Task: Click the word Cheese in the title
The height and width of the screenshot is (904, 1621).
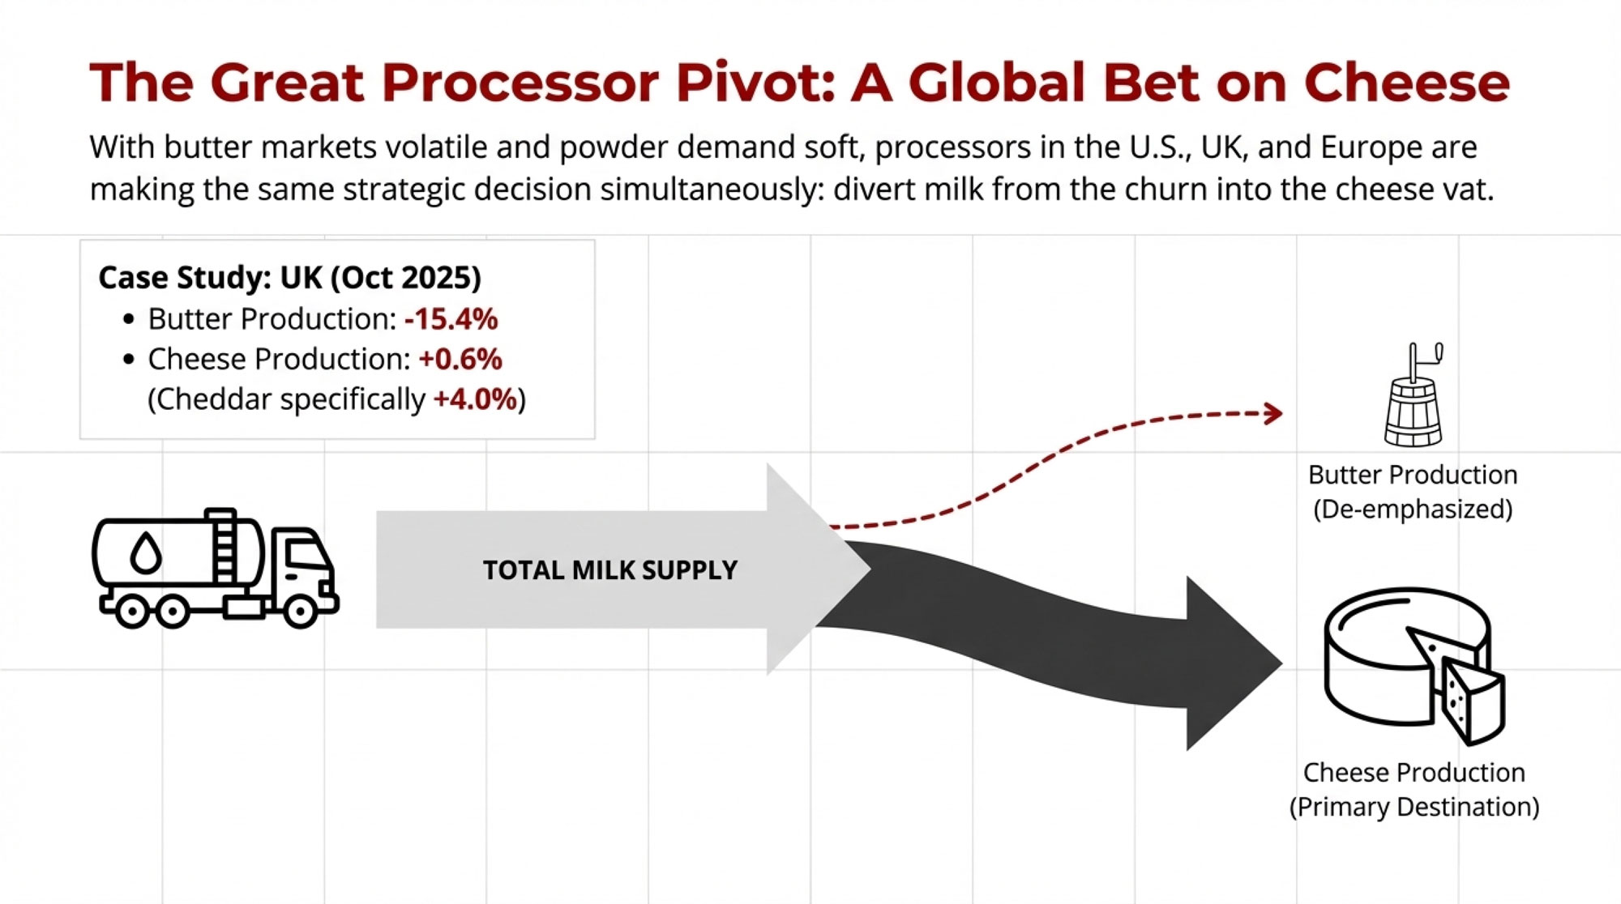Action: click(x=1406, y=83)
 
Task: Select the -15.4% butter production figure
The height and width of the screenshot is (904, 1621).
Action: click(x=451, y=319)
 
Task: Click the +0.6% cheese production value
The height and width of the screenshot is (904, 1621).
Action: click(x=460, y=359)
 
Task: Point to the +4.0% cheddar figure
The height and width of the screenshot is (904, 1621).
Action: click(x=475, y=399)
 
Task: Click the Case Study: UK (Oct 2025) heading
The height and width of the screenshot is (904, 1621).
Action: click(x=289, y=277)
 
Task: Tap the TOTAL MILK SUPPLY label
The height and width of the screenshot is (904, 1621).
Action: click(x=609, y=570)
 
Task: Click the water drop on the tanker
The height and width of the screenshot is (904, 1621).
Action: click(x=146, y=554)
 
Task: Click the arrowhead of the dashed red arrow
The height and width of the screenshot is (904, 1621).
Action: click(x=1272, y=414)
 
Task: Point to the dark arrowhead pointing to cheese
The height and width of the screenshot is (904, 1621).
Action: click(x=1232, y=663)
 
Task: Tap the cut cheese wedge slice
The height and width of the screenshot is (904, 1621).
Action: click(x=1471, y=701)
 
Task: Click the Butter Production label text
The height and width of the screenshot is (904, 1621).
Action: click(x=1412, y=475)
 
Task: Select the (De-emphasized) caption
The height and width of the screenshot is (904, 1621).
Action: click(x=1412, y=510)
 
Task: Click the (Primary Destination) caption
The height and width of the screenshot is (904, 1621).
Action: click(x=1414, y=807)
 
